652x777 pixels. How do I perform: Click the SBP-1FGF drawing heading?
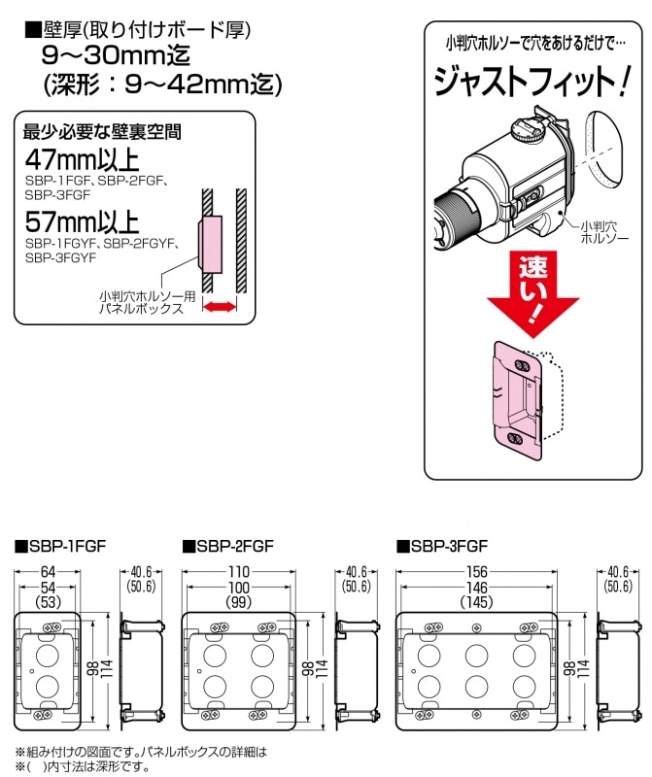61,546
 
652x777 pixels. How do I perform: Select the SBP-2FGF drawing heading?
228,546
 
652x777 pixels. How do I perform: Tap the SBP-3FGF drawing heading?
442,546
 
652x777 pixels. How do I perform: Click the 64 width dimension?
48,571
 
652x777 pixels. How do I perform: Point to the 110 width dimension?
238,571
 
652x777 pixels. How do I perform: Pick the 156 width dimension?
476,571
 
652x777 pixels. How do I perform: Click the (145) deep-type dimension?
476,602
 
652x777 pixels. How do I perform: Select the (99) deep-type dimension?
238,602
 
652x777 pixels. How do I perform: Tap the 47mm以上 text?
83,160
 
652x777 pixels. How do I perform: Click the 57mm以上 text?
83,222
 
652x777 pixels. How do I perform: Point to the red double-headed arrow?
220,307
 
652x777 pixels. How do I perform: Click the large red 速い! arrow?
533,294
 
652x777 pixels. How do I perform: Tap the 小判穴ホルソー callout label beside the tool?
604,232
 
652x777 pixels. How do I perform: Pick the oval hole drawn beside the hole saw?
605,149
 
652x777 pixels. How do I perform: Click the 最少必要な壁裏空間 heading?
102,132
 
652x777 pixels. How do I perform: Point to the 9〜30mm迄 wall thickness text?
116,55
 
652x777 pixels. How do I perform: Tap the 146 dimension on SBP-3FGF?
476,588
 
